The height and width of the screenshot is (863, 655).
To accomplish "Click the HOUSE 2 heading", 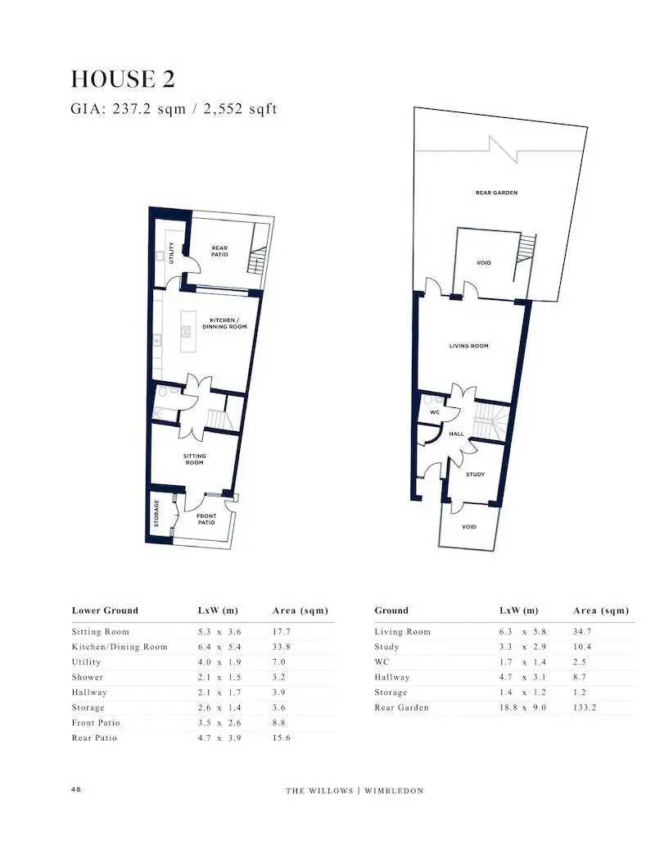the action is pos(123,79).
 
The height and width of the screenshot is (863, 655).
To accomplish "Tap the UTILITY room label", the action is pos(172,252).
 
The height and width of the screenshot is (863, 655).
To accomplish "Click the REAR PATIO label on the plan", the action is pos(219,251).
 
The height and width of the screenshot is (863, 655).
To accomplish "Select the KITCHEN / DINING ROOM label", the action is pos(224,323).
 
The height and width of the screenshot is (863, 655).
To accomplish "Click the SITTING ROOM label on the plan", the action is pos(194,459).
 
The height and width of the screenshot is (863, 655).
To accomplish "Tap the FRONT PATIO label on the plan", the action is pos(206,519).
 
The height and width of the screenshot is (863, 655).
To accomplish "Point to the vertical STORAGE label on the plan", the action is pos(156,514).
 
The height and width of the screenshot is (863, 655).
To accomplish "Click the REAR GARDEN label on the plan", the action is pos(496,193).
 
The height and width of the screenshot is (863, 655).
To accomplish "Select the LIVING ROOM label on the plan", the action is pos(468,346).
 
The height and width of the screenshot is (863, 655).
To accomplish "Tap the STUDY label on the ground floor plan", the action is pos(475,474).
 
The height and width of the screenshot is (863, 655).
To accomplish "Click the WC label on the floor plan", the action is pos(435,412).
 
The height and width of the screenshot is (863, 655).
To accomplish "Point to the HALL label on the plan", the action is pos(456,434).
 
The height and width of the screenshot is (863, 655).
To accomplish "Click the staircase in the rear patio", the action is pos(257,261).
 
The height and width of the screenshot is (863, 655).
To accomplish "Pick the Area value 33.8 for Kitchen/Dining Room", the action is pos(281,647).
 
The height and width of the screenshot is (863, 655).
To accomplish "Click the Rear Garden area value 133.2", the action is pos(584,707).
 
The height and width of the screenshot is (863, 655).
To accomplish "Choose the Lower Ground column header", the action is pos(105,611).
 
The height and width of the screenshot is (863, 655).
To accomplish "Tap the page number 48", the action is pos(76,789).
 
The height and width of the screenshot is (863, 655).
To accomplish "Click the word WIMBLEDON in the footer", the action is pos(394,791).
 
